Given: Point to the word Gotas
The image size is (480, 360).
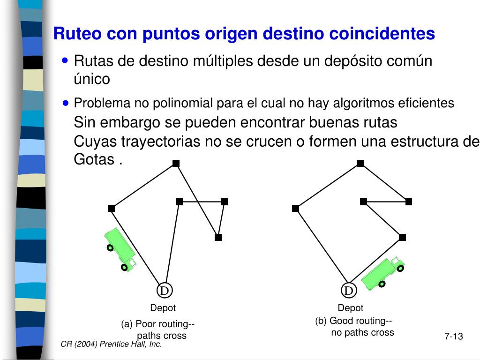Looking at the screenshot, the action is coord(94,159).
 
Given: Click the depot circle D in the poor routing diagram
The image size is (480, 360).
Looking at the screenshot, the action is coord(165,291).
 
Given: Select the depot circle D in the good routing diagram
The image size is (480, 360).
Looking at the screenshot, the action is coord(349,291).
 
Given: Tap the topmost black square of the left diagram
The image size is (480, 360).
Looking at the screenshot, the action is coord(176,163).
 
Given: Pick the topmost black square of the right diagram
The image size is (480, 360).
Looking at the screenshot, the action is coord(360,163).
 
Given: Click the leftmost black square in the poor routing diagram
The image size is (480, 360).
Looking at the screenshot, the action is coord(112,208).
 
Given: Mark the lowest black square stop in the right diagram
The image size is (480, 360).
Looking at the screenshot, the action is coord(402,237).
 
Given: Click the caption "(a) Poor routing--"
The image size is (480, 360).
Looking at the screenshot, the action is coord(157,324).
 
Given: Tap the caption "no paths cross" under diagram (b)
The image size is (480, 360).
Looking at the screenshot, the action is coord(362,332).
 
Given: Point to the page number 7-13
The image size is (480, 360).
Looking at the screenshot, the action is coord(453,336).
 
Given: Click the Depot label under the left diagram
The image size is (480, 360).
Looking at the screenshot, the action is coord(163,308).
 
